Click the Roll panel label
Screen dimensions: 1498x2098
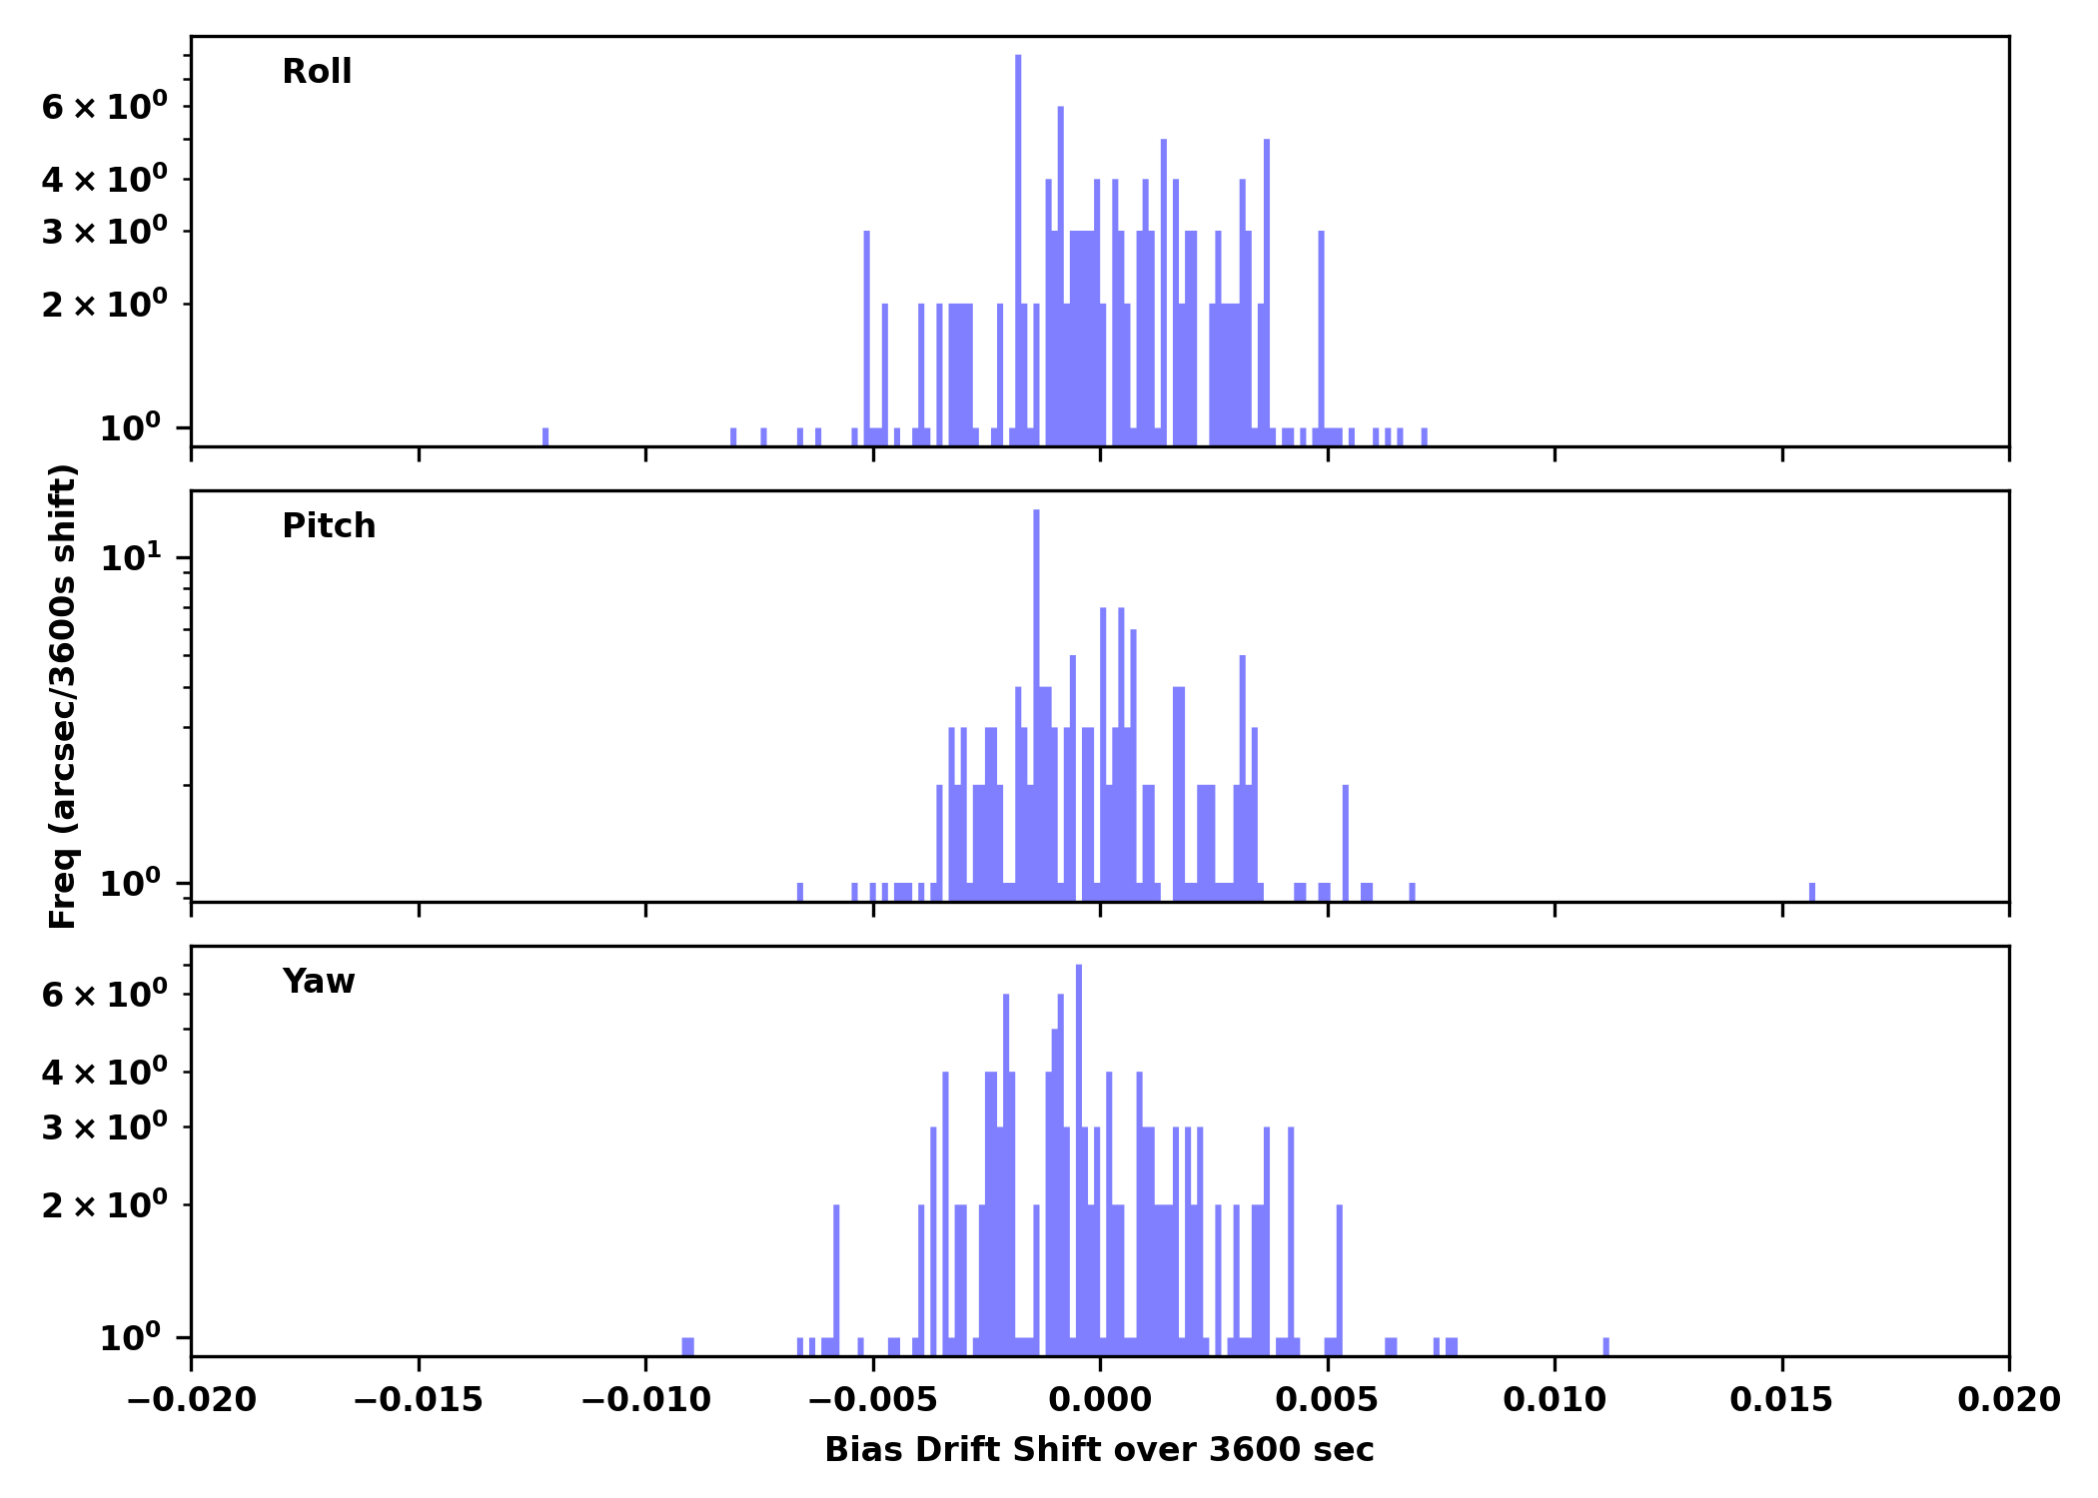click(x=317, y=72)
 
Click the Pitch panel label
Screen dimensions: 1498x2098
click(x=329, y=526)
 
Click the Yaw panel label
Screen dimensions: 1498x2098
click(x=319, y=982)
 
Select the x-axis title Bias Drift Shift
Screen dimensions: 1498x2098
click(x=1099, y=1450)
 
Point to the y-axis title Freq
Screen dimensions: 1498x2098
click(x=63, y=696)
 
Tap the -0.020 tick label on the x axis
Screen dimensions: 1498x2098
click(x=191, y=1400)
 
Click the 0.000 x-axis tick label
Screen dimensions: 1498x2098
click(x=1100, y=1400)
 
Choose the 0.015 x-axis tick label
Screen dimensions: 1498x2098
click(x=1781, y=1400)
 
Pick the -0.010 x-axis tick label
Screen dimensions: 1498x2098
click(x=645, y=1400)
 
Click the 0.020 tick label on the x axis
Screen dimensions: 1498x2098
click(x=2008, y=1400)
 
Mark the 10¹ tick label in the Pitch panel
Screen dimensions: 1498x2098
click(x=131, y=557)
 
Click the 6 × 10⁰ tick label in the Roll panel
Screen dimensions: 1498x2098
click(x=104, y=107)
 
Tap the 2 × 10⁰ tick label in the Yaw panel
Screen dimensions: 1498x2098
click(x=104, y=1205)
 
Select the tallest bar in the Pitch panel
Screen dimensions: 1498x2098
click(x=1036, y=699)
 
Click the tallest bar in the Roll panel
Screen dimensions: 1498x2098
click(x=1018, y=250)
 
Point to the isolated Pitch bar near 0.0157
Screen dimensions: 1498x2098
click(x=1812, y=891)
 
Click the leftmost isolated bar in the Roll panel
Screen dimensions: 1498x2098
click(x=545, y=436)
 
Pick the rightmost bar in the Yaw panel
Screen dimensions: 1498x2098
click(x=1606, y=1346)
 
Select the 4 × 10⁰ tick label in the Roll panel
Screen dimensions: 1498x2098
click(x=104, y=180)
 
